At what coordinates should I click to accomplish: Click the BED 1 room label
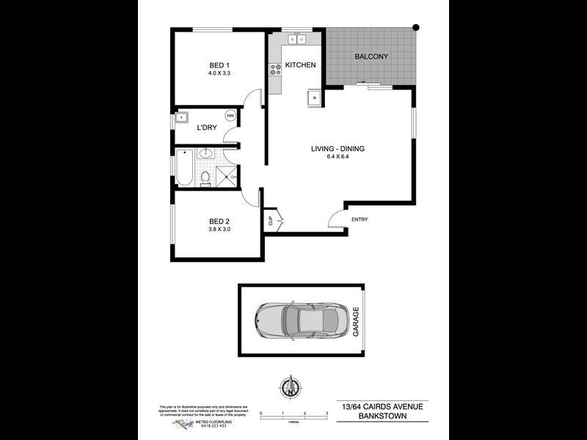pyautogui.click(x=216, y=65)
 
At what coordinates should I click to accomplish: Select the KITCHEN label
pyautogui.click(x=300, y=65)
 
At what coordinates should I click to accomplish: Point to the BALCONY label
pyautogui.click(x=371, y=56)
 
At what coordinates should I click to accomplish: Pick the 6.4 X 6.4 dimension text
pyautogui.click(x=338, y=157)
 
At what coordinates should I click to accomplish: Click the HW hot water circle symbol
pyautogui.click(x=230, y=116)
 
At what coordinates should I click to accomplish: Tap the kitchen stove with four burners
pyautogui.click(x=276, y=70)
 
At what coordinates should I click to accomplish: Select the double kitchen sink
pyautogui.click(x=297, y=39)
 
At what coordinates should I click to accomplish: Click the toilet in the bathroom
pyautogui.click(x=206, y=178)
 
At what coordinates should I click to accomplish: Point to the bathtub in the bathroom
pyautogui.click(x=184, y=168)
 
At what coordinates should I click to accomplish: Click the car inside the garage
pyautogui.click(x=297, y=321)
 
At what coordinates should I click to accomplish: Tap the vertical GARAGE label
pyautogui.click(x=357, y=322)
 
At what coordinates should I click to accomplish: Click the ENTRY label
pyautogui.click(x=360, y=219)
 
